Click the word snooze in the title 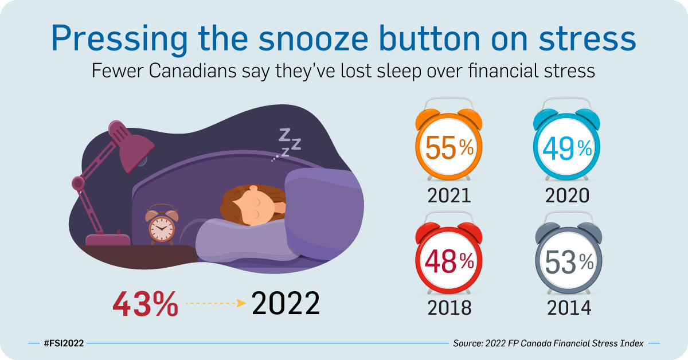pyautogui.click(x=304, y=38)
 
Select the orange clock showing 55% pyautogui.click(x=449, y=148)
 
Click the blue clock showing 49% pyautogui.click(x=568, y=148)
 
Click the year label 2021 pyautogui.click(x=449, y=195)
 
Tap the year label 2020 pyautogui.click(x=568, y=195)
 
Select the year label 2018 pyautogui.click(x=449, y=308)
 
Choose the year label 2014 pyautogui.click(x=568, y=308)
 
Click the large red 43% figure pyautogui.click(x=145, y=304)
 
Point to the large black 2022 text pyautogui.click(x=286, y=304)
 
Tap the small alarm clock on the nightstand pyautogui.click(x=162, y=227)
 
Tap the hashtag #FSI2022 pyautogui.click(x=64, y=343)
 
